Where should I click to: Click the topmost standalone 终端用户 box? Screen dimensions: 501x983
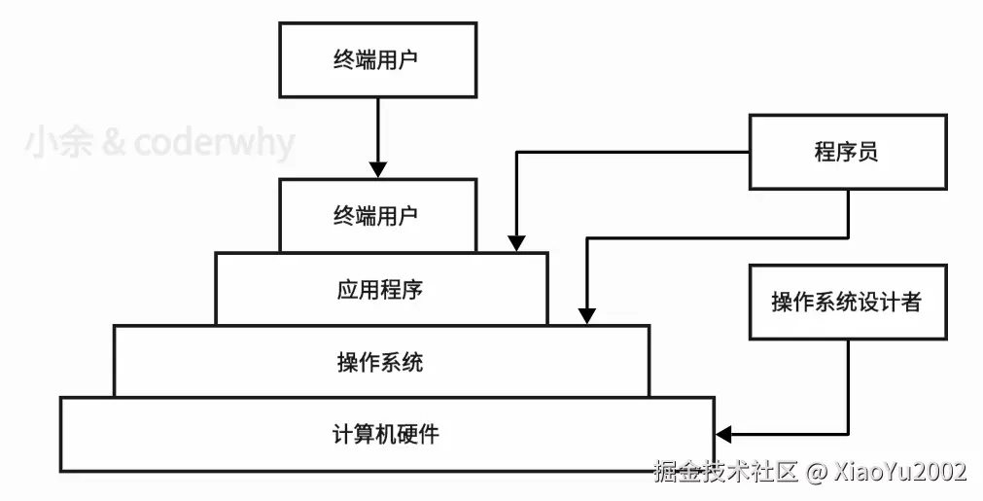point(377,59)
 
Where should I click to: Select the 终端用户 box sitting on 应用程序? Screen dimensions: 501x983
point(377,214)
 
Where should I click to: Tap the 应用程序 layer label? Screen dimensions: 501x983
point(380,289)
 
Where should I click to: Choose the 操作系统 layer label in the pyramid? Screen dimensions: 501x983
point(380,363)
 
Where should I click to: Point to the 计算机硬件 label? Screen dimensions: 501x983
point(386,434)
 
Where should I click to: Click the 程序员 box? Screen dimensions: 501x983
point(847,152)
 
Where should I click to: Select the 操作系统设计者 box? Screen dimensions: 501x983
point(847,302)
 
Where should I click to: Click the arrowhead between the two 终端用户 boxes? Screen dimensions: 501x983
point(377,168)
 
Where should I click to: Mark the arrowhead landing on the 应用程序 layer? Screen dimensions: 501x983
point(516,242)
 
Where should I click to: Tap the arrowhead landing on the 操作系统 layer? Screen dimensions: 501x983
point(585,315)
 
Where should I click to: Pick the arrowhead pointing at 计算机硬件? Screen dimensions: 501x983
point(723,433)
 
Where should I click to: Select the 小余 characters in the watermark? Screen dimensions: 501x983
point(57,144)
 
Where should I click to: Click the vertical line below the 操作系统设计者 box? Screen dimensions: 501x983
point(848,384)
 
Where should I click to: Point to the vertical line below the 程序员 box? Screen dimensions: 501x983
point(848,212)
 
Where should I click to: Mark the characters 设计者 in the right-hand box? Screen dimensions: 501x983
point(888,302)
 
